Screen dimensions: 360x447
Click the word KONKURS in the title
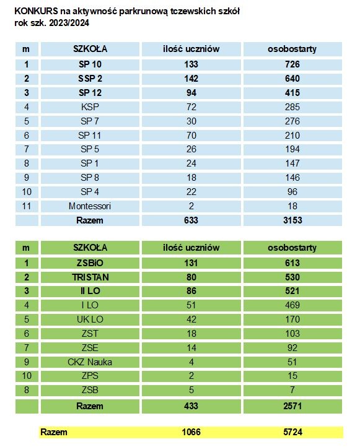[x=36, y=11]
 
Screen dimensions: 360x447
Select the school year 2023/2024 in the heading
[x=69, y=23]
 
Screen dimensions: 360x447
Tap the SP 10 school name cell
[x=90, y=64]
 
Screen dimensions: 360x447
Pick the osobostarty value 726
[x=292, y=64]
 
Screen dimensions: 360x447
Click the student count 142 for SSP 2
[x=191, y=79]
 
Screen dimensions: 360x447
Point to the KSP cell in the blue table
[x=90, y=107]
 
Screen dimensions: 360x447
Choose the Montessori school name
[x=90, y=206]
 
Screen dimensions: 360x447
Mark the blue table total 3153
[x=292, y=220]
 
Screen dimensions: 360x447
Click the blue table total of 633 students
[x=191, y=220]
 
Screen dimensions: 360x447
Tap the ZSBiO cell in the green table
[x=90, y=263]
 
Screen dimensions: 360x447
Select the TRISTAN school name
[x=90, y=277]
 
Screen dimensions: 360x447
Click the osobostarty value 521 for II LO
[x=292, y=291]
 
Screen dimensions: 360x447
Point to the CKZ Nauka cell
[x=90, y=362]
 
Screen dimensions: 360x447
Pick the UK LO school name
[x=90, y=319]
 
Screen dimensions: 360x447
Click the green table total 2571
[x=292, y=406]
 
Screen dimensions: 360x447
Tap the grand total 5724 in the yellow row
[x=293, y=432]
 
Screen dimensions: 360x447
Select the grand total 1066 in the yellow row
[x=191, y=432]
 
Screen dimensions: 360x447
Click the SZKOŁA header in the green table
[x=90, y=248]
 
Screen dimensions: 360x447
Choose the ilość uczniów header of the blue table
[x=191, y=49]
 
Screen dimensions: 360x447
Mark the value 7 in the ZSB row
[x=292, y=390]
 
